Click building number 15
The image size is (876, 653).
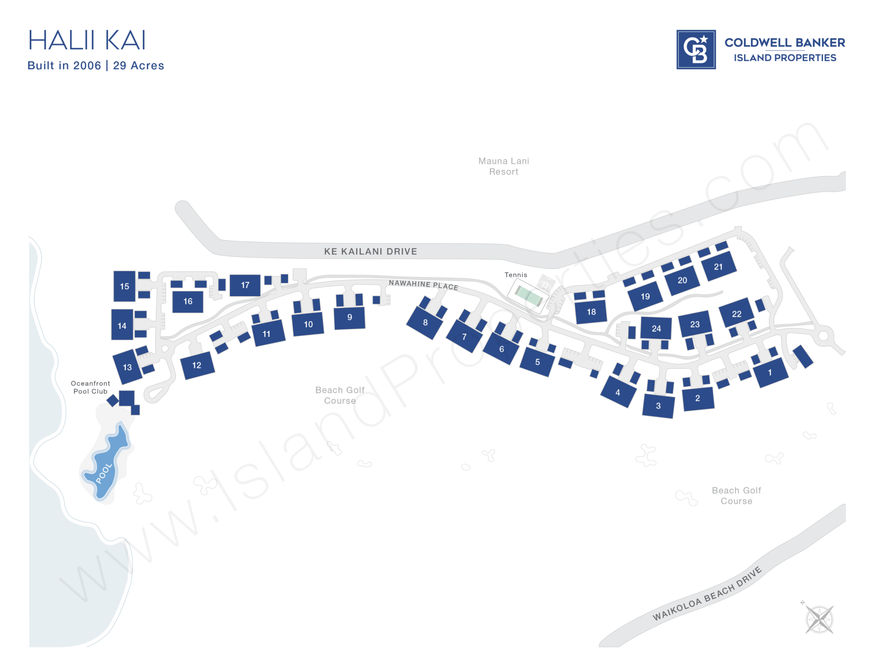tap(124, 286)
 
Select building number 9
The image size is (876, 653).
tap(349, 318)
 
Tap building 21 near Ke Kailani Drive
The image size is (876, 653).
tap(718, 267)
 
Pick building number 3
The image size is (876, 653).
tap(658, 406)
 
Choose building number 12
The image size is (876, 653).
tap(197, 365)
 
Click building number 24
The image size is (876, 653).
tap(656, 329)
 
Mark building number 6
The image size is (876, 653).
tap(501, 349)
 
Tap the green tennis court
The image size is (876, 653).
tap(529, 296)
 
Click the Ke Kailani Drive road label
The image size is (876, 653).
tap(370, 251)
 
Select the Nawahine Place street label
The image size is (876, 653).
tap(423, 285)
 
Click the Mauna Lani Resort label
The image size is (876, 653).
tap(504, 166)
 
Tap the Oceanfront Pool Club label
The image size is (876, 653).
tap(90, 387)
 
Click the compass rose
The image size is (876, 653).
tap(819, 619)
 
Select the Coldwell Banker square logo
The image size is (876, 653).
tap(696, 50)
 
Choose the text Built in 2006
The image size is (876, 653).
tap(64, 66)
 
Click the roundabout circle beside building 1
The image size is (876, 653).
tap(824, 336)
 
